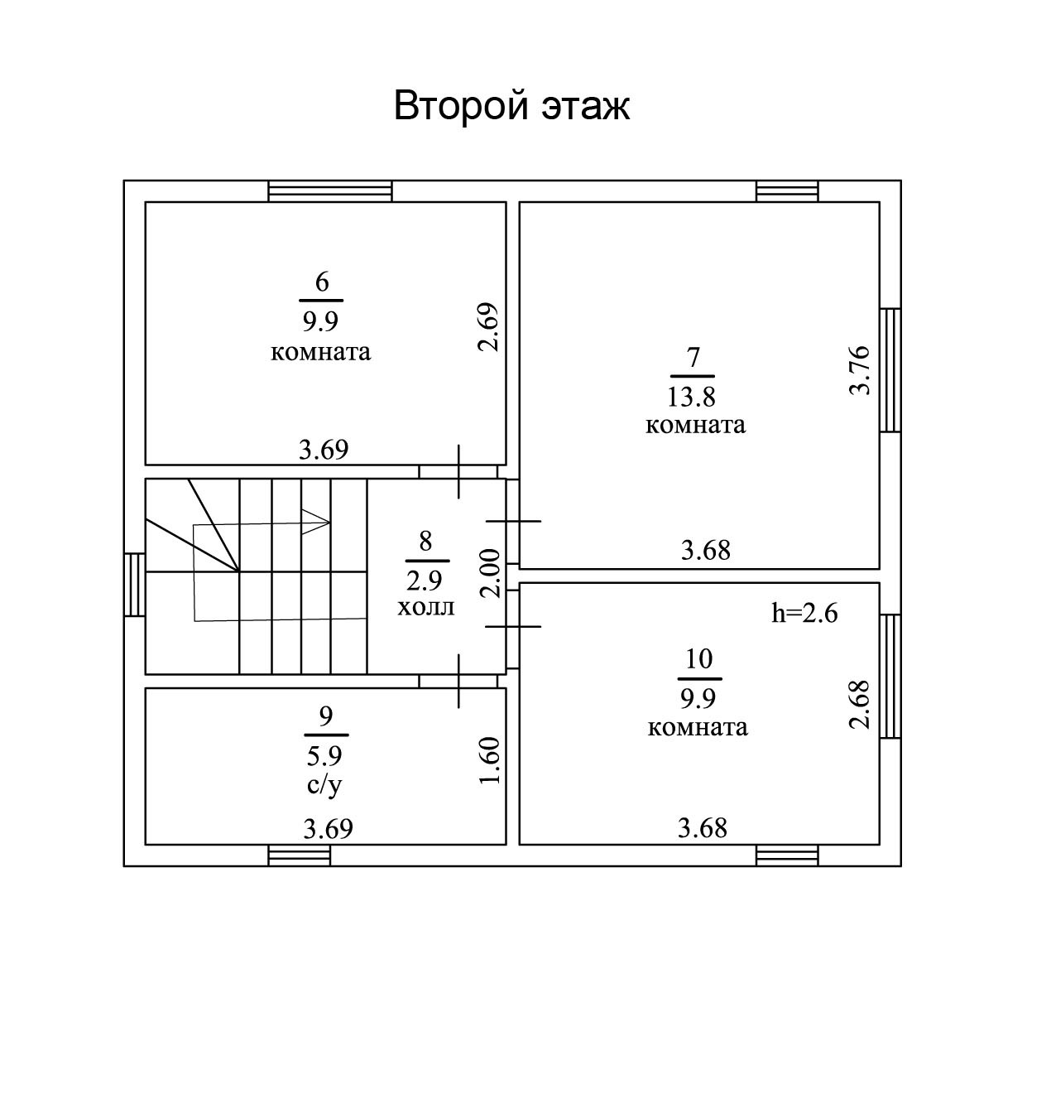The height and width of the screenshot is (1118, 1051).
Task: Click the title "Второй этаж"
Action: click(511, 107)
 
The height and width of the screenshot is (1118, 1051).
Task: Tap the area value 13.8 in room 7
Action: click(691, 398)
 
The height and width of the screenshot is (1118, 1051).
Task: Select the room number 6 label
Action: click(321, 282)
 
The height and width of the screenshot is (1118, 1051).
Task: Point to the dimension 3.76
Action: click(861, 369)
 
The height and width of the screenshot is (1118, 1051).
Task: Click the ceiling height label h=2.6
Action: click(804, 613)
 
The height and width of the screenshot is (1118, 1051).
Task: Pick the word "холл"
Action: click(426, 607)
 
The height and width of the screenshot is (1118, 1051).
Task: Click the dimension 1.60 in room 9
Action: click(490, 763)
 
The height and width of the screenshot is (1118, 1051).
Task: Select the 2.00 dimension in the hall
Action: click(490, 573)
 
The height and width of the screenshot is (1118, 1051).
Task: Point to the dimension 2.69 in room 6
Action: click(488, 328)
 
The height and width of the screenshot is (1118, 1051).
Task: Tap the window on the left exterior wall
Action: click(135, 585)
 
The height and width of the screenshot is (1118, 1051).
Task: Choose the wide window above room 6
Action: click(330, 191)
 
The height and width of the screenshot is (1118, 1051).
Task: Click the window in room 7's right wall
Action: click(890, 370)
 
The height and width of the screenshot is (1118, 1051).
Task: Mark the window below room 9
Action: click(300, 855)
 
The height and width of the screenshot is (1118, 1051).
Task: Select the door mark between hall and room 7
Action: click(513, 521)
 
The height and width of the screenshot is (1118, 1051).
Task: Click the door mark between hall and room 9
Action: click(459, 681)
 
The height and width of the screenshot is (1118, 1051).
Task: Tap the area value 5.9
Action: click(325, 755)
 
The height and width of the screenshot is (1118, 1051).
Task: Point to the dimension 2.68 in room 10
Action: click(861, 704)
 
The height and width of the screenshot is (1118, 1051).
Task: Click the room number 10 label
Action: click(699, 659)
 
